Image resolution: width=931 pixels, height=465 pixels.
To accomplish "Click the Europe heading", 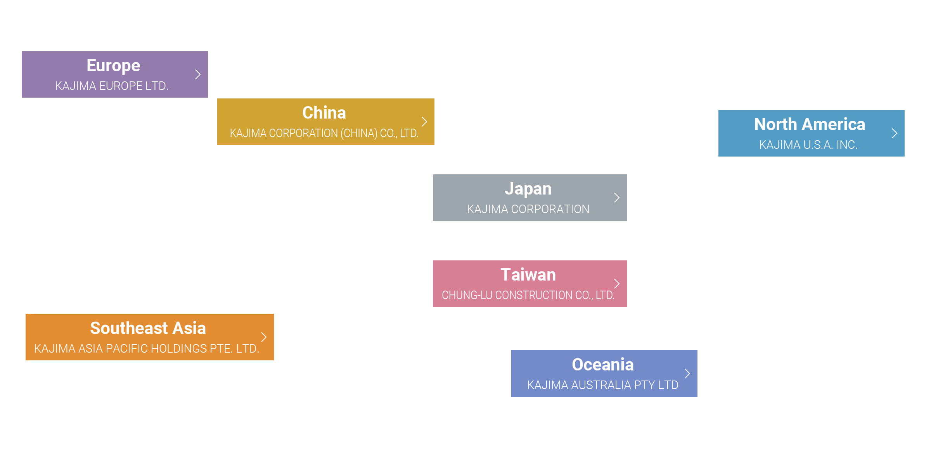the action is tap(113, 66).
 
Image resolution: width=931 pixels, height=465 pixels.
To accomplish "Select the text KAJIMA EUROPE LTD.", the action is tap(112, 86).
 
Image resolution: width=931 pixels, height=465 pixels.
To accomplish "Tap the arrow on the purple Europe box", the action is tap(198, 74).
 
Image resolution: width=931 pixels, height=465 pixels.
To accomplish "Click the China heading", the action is tap(324, 113).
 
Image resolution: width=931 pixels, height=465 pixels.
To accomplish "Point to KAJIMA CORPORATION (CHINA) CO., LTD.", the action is tap(324, 133).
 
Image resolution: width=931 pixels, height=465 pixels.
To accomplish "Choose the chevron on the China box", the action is tap(424, 122).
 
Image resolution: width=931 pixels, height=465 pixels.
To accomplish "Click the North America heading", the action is tap(810, 124).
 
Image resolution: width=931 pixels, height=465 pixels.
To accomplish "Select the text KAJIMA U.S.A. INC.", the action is tap(808, 145).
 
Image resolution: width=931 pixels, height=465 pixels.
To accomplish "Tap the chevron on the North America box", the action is tap(895, 133).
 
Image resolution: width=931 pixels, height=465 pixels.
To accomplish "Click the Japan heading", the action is tap(528, 189).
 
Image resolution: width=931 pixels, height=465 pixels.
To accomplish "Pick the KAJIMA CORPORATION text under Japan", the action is tap(528, 209).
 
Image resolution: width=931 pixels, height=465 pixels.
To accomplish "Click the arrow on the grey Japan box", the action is tap(617, 198).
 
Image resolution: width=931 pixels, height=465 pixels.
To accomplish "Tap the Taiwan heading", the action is tap(528, 275).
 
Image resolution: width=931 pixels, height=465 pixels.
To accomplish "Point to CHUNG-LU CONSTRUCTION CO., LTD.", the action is tap(528, 295).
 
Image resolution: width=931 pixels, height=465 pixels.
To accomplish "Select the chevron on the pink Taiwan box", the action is tap(617, 284).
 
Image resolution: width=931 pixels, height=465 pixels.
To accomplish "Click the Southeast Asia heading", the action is tap(148, 328).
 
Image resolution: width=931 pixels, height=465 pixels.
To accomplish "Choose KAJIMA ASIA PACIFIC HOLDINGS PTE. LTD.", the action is tap(147, 349).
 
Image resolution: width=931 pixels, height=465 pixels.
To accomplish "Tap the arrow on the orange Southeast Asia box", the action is tap(264, 337).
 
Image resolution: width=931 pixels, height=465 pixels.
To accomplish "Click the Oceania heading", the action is tap(603, 365).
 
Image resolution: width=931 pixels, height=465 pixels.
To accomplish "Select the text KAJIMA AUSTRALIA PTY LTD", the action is tap(603, 385).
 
